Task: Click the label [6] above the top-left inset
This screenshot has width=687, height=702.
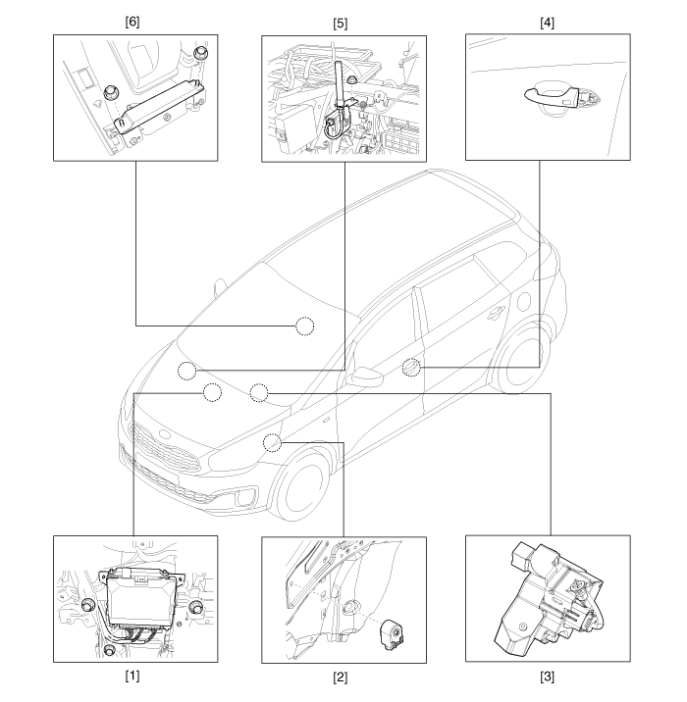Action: [x=132, y=22]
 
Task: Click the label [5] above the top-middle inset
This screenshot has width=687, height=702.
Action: [x=341, y=24]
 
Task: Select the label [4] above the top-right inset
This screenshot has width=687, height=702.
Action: [x=548, y=23]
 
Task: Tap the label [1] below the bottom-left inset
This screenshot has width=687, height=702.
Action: [x=132, y=677]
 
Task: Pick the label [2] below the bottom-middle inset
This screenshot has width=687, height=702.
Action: [x=341, y=677]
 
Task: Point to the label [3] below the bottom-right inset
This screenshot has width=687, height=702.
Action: [x=548, y=677]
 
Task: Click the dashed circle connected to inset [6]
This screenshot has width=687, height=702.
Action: [x=305, y=326]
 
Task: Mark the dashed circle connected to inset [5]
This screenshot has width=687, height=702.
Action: [x=186, y=371]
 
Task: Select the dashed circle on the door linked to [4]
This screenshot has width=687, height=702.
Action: [x=411, y=368]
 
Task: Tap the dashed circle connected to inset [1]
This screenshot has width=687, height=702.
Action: [x=212, y=392]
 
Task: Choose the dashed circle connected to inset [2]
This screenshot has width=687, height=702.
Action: [x=272, y=442]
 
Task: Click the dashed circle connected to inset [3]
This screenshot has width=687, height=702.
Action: [x=258, y=392]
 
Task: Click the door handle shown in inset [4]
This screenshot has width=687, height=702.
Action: [x=553, y=97]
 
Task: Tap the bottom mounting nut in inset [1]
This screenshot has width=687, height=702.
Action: [x=109, y=650]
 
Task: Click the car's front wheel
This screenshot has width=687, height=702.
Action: [x=303, y=484]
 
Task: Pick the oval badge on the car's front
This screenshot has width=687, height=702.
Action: [x=165, y=433]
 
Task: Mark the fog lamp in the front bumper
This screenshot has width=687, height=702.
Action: [x=244, y=497]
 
